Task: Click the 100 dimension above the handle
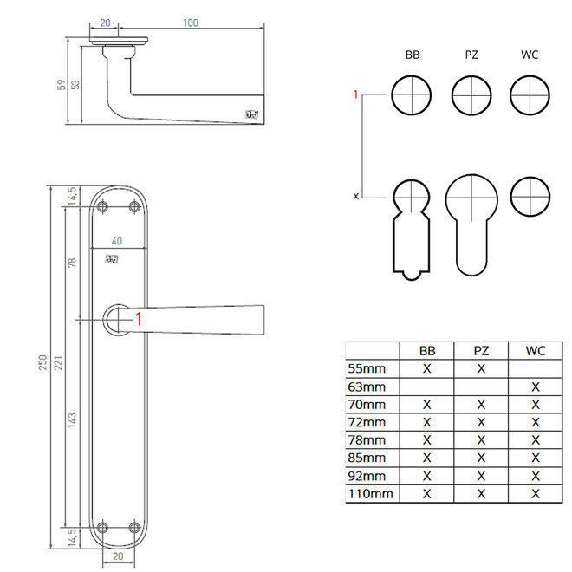[191, 23]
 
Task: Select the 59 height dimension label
[62, 85]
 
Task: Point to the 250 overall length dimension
[42, 362]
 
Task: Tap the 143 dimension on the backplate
[72, 419]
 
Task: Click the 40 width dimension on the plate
[117, 241]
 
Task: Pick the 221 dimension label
[58, 363]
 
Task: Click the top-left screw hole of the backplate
[102, 207]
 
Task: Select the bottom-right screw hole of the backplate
[134, 528]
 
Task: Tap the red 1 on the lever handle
[139, 319]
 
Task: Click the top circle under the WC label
[530, 95]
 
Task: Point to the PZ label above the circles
[471, 55]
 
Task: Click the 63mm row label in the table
[367, 387]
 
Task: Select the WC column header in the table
[535, 351]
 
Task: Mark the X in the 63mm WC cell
[535, 387]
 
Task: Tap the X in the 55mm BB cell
[426, 368]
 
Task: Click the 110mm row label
[371, 494]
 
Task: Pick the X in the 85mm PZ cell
[481, 458]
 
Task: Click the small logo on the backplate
[112, 259]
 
